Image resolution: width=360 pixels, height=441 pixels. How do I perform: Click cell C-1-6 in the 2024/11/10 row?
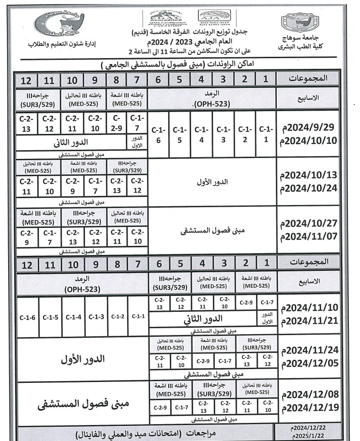pos(27,317)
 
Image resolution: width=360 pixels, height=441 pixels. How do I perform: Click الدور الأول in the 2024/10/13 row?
pos(211,182)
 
